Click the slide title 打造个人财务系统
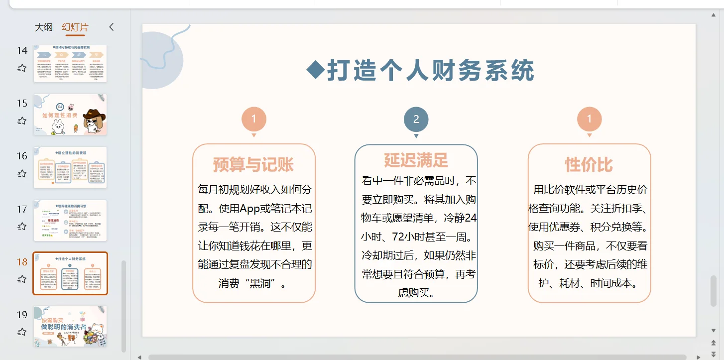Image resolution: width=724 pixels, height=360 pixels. (430, 71)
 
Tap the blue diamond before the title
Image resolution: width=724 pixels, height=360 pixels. (315, 70)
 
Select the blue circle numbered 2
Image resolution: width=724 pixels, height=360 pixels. (416, 120)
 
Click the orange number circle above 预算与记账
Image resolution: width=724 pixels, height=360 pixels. (253, 120)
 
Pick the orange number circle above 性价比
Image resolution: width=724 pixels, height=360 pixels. (589, 120)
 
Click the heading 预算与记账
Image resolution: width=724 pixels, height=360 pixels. (253, 165)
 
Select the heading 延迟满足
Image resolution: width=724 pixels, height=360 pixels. (416, 160)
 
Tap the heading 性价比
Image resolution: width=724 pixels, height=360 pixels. (589, 165)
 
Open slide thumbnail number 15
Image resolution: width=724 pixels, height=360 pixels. (70, 115)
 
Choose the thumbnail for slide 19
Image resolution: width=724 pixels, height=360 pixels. (70, 326)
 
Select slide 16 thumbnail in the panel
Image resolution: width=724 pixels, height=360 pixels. (70, 167)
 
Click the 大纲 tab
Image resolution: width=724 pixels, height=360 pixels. (43, 27)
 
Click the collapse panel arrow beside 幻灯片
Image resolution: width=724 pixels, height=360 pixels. (112, 27)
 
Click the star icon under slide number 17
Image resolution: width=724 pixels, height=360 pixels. (22, 227)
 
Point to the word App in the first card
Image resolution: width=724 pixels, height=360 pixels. (250, 209)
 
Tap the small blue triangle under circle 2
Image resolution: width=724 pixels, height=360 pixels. (416, 136)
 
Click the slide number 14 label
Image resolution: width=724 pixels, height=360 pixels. (22, 50)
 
